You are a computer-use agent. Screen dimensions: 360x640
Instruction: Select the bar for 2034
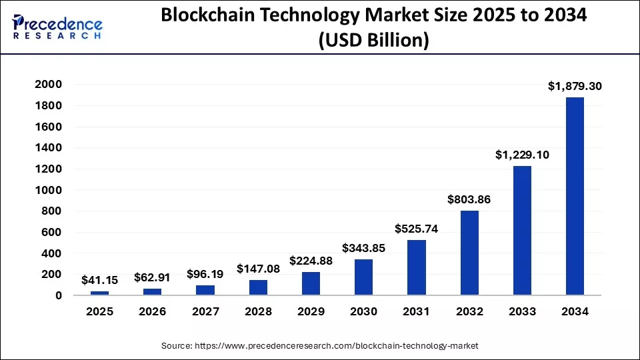pos(575,196)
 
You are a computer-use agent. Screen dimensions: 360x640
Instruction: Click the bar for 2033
pos(522,230)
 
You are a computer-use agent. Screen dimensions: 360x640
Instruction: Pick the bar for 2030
pos(364,277)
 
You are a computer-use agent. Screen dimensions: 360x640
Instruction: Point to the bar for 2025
pos(100,293)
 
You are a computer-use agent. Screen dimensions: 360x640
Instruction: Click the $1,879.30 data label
pos(575,86)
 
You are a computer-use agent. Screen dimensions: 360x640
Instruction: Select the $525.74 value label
pos(417,229)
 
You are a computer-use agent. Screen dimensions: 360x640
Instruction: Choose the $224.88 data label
pos(311,261)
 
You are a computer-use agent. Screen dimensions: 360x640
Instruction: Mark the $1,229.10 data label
pos(522,154)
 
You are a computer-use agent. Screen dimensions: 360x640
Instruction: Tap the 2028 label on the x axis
pos(258,312)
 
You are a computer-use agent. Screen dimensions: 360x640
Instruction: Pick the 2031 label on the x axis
pos(417,312)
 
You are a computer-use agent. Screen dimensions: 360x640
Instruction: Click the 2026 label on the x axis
pos(153,312)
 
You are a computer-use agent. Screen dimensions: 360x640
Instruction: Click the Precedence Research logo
pos(57,27)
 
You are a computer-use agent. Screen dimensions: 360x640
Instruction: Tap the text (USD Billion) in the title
pos(373,40)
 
